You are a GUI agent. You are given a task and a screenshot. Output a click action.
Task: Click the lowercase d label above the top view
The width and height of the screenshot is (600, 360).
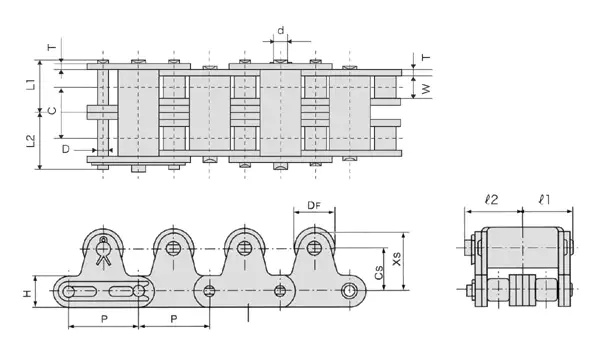280,31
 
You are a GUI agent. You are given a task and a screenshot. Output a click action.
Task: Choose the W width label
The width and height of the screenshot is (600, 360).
426,89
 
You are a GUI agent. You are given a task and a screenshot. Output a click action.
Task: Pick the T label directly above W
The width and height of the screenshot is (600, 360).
426,58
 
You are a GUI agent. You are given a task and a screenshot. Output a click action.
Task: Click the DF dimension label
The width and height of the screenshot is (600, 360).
313,208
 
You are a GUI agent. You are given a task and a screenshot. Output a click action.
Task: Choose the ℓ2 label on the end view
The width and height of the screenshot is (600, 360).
492,200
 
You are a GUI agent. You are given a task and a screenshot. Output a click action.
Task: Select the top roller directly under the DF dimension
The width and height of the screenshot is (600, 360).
315,247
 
